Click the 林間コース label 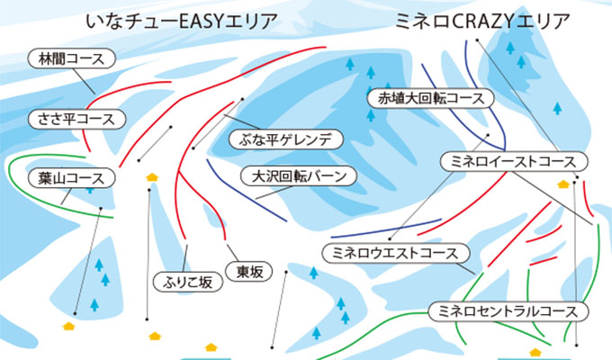point(72,59)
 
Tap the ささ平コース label point(76,119)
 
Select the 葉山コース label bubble point(72,178)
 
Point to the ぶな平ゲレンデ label point(285,139)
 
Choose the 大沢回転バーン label point(299,176)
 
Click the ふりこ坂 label point(188,282)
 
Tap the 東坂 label point(249,272)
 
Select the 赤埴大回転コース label point(431,98)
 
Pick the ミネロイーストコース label point(514,161)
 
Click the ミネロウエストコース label point(396,253)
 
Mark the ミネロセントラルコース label point(508,311)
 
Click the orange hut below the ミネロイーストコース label point(563,184)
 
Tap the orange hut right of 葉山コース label point(152,177)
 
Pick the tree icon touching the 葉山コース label point(90,191)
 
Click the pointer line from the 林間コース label point(85,82)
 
